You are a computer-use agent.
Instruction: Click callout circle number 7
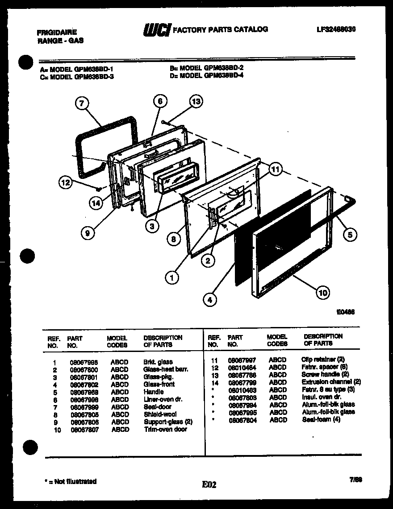point(81,104)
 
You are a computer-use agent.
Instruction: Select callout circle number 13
point(195,101)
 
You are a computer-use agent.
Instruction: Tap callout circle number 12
point(65,182)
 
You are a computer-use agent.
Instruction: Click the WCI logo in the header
point(156,30)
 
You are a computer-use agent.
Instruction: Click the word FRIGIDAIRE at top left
point(56,32)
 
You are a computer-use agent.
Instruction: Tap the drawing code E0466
point(346,313)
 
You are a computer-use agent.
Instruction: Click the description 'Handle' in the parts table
point(153,392)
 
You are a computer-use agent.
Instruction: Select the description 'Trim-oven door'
point(165,429)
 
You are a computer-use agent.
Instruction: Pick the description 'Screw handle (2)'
point(325,374)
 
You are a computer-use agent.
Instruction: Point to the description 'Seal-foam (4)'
point(321,420)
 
